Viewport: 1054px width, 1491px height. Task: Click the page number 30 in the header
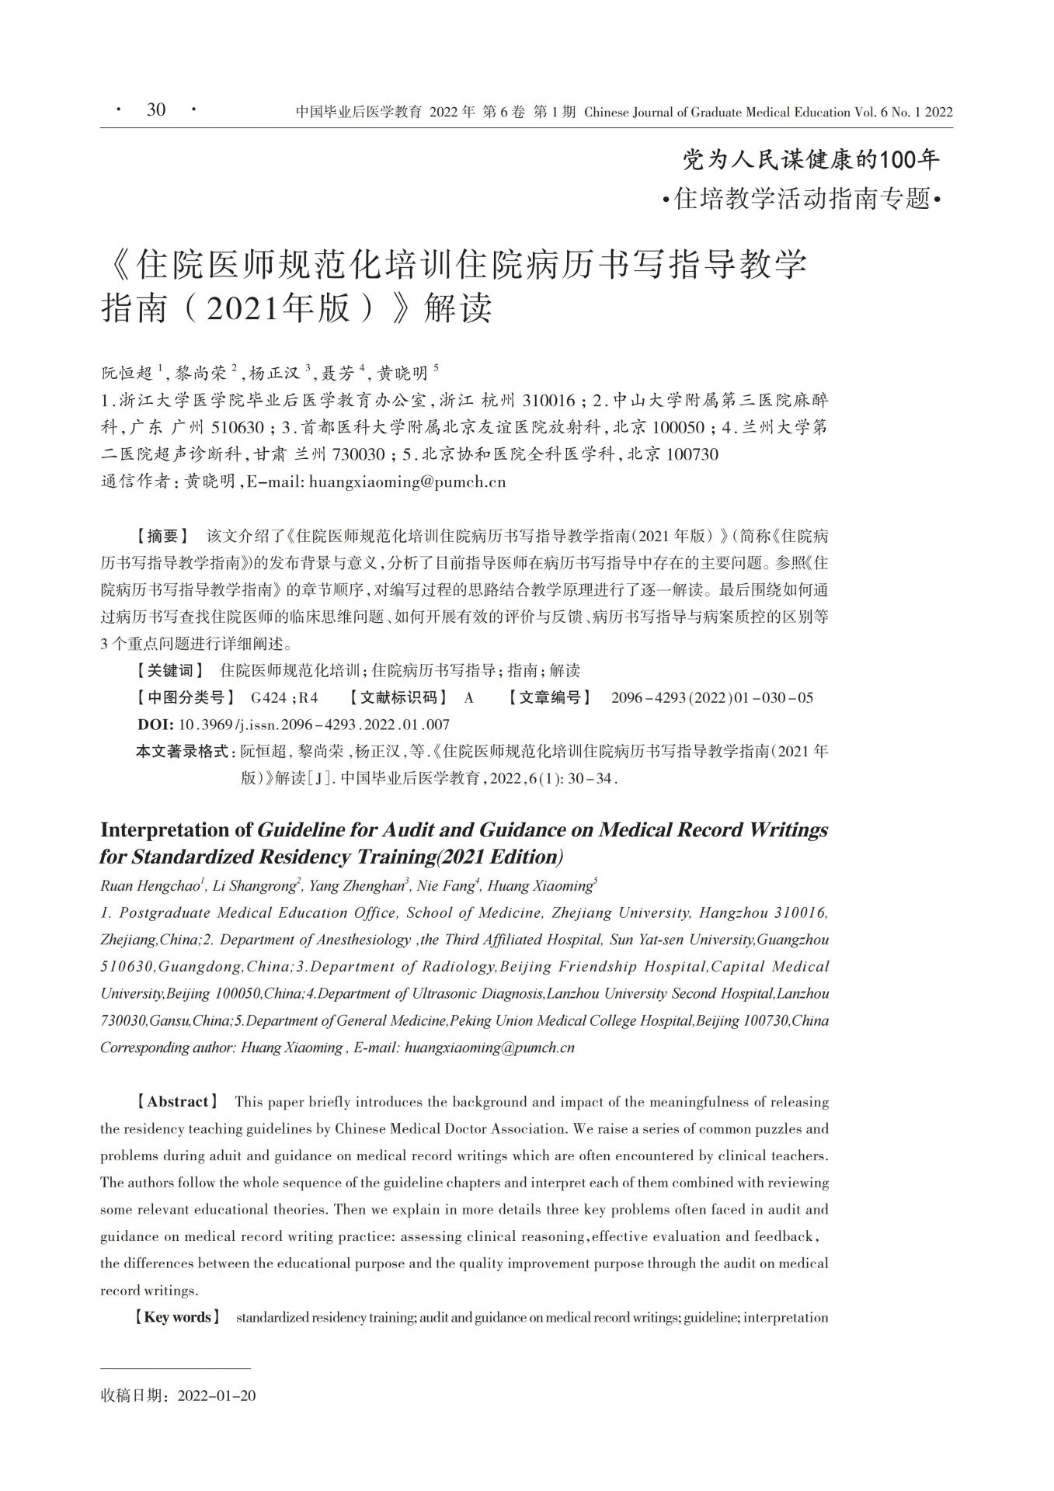tap(156, 110)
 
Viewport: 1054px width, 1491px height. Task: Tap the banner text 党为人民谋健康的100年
tap(811, 160)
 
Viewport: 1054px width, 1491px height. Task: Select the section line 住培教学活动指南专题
tap(802, 199)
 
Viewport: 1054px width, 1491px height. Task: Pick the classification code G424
tap(269, 697)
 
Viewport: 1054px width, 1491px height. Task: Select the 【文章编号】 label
tap(550, 697)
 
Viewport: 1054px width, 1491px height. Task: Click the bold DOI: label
tap(155, 725)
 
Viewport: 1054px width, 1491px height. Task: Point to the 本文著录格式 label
tap(183, 751)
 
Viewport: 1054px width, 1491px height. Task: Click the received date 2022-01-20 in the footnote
tap(217, 1395)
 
